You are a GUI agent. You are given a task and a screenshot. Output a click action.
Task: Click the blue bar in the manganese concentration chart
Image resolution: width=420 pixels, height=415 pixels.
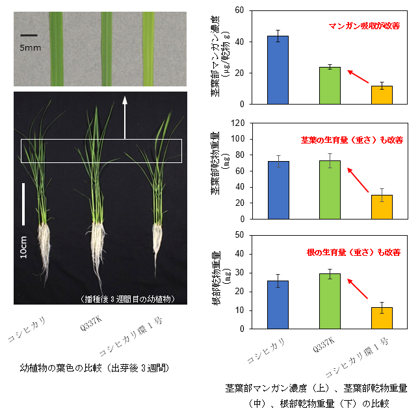coord(278,70)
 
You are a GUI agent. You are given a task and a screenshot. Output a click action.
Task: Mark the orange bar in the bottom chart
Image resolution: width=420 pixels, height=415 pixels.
coord(382,318)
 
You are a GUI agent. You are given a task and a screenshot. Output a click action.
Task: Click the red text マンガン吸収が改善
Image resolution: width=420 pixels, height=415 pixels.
coord(363,26)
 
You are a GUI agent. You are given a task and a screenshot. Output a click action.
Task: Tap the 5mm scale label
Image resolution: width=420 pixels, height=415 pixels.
coord(30,48)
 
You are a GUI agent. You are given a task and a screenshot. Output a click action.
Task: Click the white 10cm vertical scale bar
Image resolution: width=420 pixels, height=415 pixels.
coord(23,204)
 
